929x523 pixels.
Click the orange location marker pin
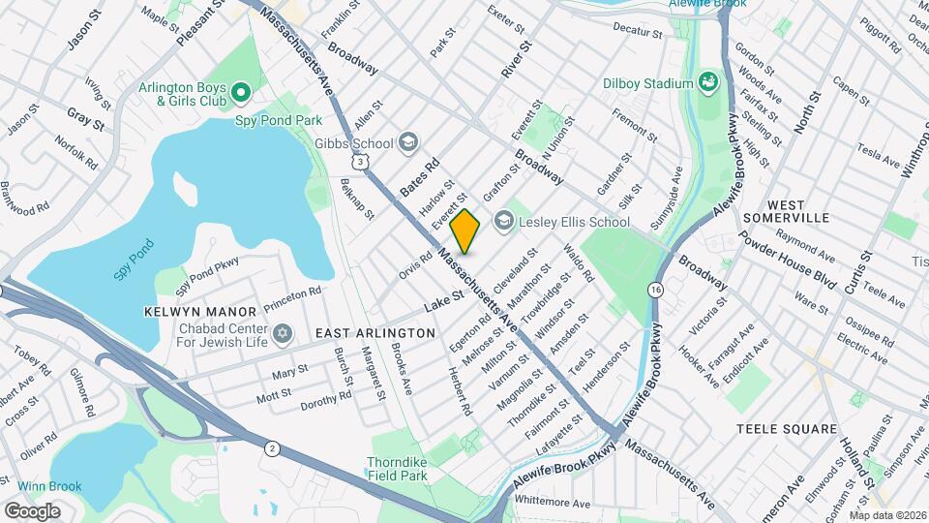465,231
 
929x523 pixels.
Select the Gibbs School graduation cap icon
408,143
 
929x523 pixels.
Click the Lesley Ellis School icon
503,222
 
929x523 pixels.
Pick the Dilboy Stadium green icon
708,83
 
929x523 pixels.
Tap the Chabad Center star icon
283,334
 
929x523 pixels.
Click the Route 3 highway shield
360,163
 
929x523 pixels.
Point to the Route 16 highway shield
656,289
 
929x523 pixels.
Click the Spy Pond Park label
278,121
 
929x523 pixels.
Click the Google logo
32,510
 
